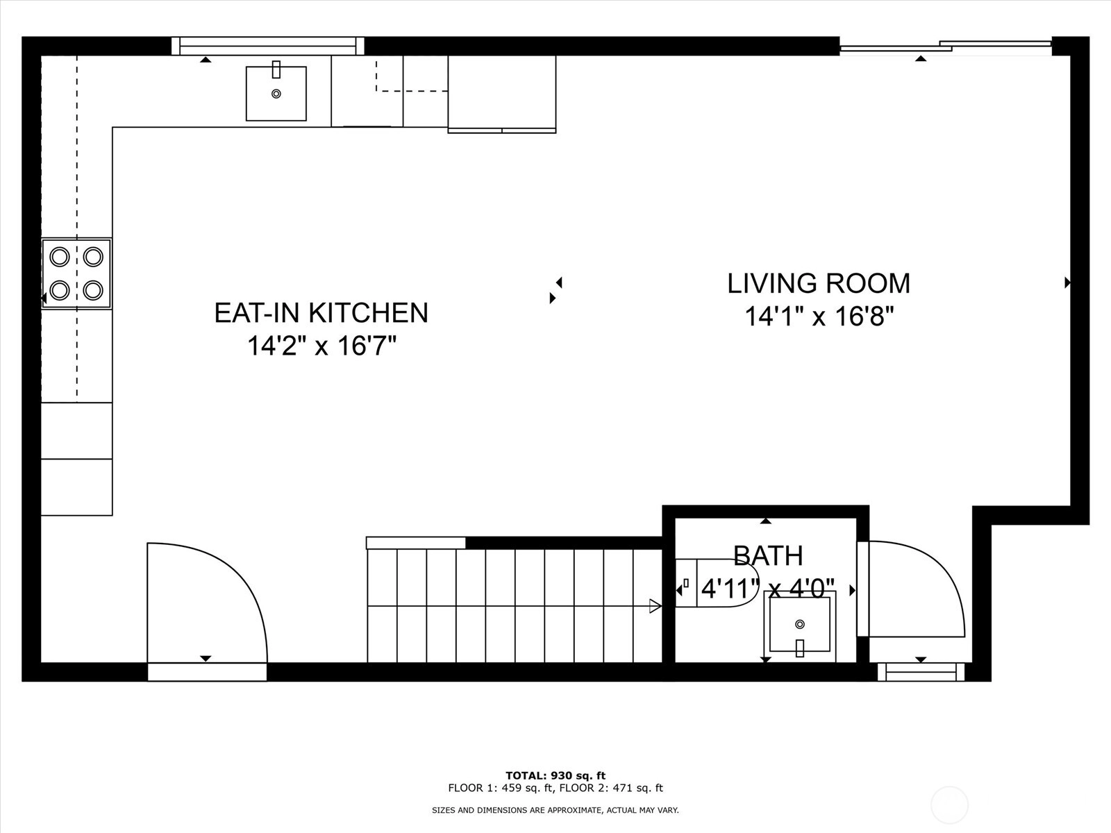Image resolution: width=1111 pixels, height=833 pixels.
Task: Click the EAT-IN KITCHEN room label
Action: pyautogui.click(x=321, y=312)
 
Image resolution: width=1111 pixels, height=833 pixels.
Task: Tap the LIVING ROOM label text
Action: pyautogui.click(x=819, y=283)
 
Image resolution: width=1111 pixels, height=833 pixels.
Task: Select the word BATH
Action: pyautogui.click(x=769, y=556)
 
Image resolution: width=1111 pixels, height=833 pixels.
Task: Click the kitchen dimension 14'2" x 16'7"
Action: pyautogui.click(x=321, y=346)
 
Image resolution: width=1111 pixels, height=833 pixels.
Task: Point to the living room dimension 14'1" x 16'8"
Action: pyautogui.click(x=819, y=317)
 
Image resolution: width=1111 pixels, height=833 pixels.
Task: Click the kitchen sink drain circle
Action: pyautogui.click(x=276, y=94)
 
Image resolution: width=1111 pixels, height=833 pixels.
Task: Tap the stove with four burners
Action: pyautogui.click(x=76, y=274)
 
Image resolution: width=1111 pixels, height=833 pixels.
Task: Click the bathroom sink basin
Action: pyautogui.click(x=800, y=625)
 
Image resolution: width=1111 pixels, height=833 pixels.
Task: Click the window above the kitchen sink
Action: pyautogui.click(x=268, y=46)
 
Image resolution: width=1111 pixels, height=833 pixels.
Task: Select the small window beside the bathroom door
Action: pyautogui.click(x=921, y=672)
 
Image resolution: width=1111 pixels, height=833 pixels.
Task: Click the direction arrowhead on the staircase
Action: pyautogui.click(x=655, y=606)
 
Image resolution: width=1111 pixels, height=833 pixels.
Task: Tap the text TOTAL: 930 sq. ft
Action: pyautogui.click(x=555, y=776)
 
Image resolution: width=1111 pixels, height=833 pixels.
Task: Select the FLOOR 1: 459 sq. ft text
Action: pyautogui.click(x=501, y=788)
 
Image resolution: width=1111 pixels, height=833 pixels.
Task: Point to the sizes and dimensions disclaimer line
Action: pyautogui.click(x=555, y=810)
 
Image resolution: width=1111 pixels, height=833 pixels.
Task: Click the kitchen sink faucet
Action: pyautogui.click(x=276, y=69)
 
